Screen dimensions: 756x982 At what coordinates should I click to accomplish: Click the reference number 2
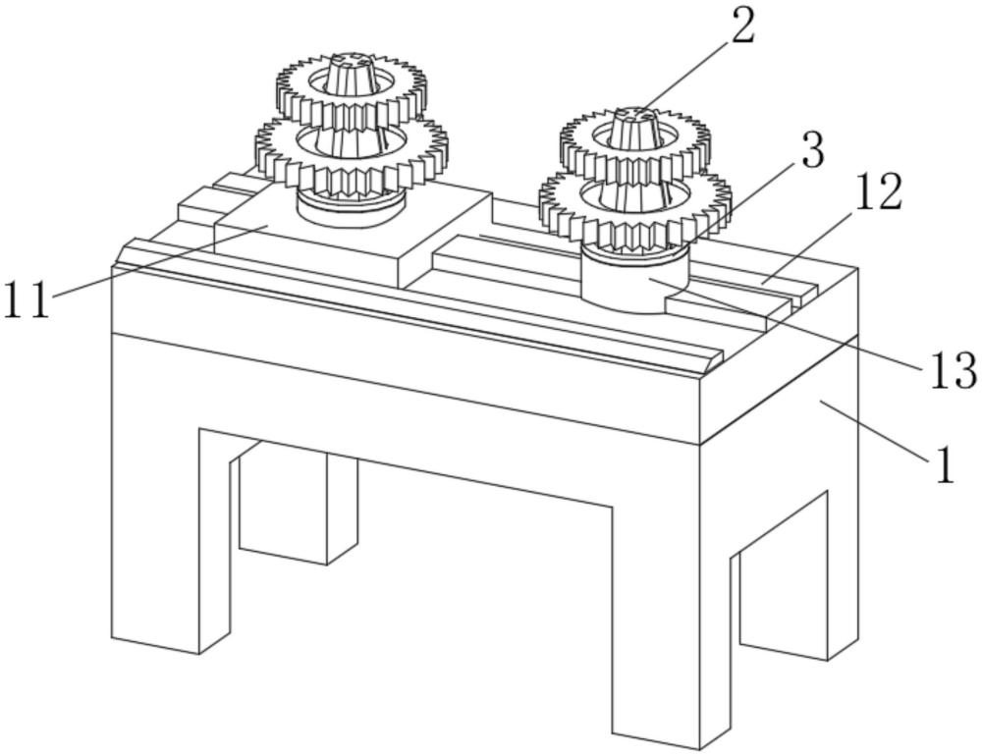click(x=742, y=27)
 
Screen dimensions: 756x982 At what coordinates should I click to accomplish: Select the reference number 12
click(x=876, y=193)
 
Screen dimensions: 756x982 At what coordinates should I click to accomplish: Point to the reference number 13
click(x=948, y=370)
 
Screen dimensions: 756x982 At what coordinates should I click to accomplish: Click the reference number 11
click(x=27, y=299)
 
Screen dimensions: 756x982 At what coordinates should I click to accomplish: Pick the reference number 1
click(x=945, y=465)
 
